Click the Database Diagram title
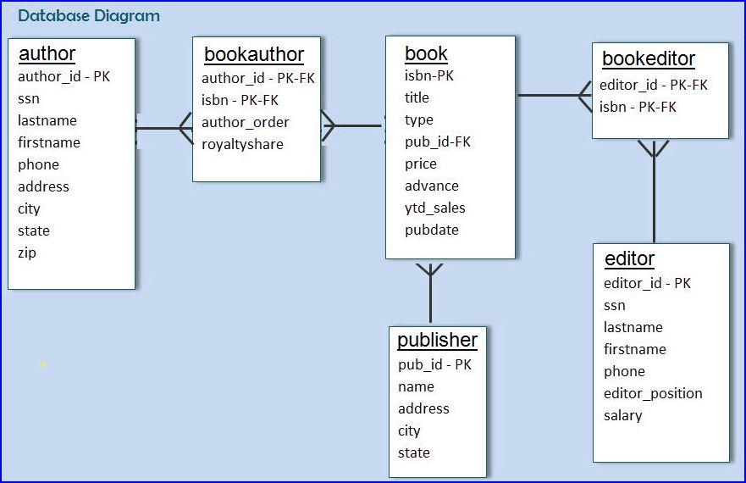(89, 15)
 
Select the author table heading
(47, 54)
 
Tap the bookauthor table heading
(254, 55)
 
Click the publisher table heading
(437, 341)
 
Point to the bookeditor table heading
(649, 59)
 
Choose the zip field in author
(27, 253)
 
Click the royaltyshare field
(242, 144)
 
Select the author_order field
(246, 122)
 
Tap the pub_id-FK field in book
(438, 142)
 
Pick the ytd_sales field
(435, 208)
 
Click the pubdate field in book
(432, 230)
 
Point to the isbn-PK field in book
(429, 75)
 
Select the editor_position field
(653, 393)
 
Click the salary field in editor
(622, 415)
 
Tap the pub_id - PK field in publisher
(434, 364)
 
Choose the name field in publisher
(416, 386)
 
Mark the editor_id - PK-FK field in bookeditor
(653, 85)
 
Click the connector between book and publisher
(430, 297)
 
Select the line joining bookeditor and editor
(654, 195)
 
